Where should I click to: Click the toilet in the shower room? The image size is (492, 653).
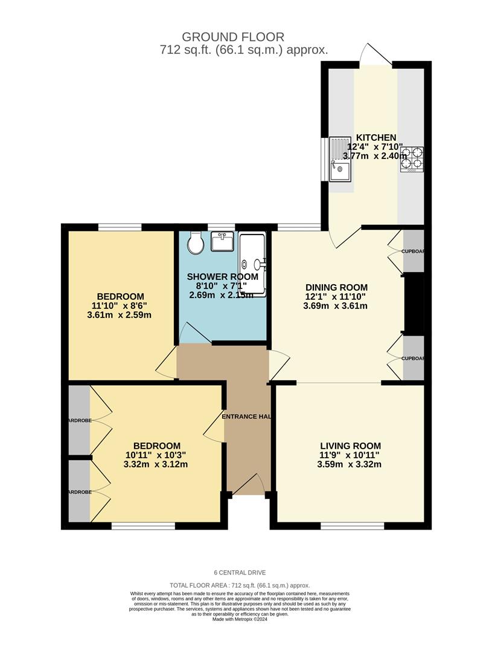pos(196,243)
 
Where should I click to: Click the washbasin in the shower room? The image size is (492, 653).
pos(222,242)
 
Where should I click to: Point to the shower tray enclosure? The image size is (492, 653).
pos(252,264)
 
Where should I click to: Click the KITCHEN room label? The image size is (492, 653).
pos(375,138)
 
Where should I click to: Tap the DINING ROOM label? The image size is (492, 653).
pos(336,287)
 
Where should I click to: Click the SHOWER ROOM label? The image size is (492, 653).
pos(222,277)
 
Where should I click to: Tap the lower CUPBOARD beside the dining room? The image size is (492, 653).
pos(414,359)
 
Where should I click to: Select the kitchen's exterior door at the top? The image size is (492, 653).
pos(374,54)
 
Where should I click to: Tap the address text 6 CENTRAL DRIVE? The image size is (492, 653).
pos(240,573)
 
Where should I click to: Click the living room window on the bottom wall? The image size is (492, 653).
pos(353,525)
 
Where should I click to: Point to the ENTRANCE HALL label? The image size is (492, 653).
pos(246,417)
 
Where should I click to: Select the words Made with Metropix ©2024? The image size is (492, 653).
pos(240,619)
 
